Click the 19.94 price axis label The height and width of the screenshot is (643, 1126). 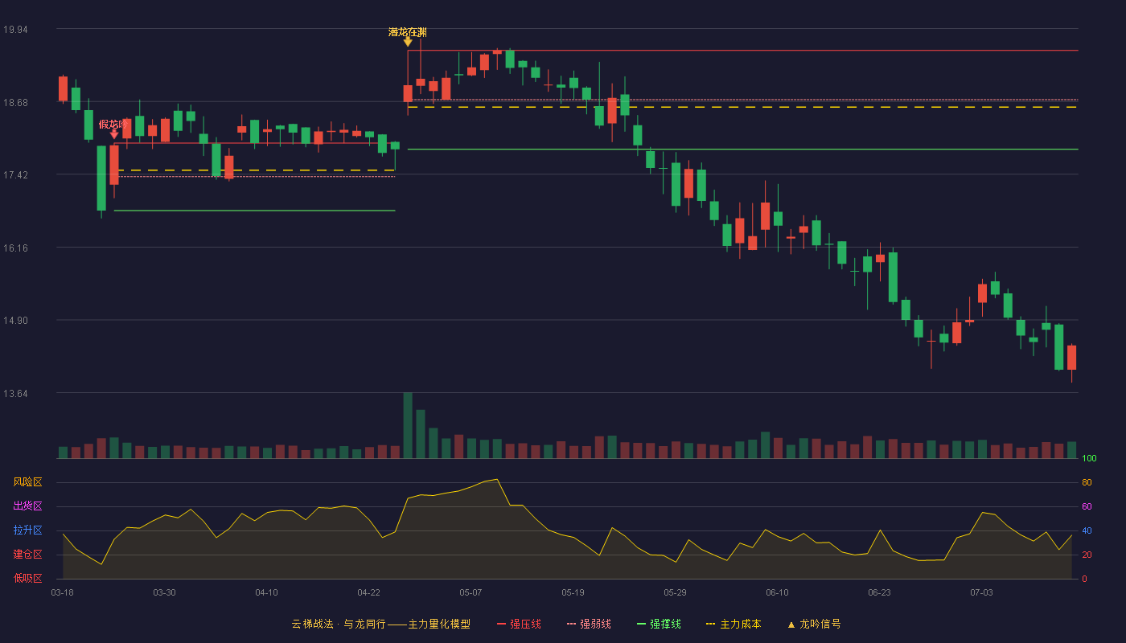click(x=15, y=30)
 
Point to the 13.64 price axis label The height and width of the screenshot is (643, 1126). click(x=15, y=393)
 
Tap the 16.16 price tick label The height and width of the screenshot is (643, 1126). click(x=15, y=248)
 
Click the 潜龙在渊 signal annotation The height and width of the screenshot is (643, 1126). click(x=408, y=33)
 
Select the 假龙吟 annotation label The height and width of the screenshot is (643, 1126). click(x=113, y=124)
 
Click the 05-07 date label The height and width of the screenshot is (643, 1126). click(x=471, y=593)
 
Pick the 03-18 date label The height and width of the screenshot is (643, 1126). click(x=63, y=593)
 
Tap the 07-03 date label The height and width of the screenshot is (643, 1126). click(x=981, y=593)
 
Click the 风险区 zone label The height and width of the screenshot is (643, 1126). click(x=27, y=482)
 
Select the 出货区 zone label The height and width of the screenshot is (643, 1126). click(x=27, y=506)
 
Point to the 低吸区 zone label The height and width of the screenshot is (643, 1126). click(x=27, y=578)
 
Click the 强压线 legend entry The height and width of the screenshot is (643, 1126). click(x=519, y=624)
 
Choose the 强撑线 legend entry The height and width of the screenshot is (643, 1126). click(x=659, y=624)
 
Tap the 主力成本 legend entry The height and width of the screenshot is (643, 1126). click(x=734, y=624)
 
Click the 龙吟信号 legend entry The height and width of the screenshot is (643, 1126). click(x=814, y=624)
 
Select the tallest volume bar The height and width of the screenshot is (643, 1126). click(x=408, y=425)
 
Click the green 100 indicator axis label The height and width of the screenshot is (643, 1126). click(x=1089, y=458)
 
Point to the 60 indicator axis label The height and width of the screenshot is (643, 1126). click(x=1087, y=506)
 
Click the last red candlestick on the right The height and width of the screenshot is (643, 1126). click(x=1071, y=358)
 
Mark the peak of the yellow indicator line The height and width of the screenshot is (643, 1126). click(x=497, y=479)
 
